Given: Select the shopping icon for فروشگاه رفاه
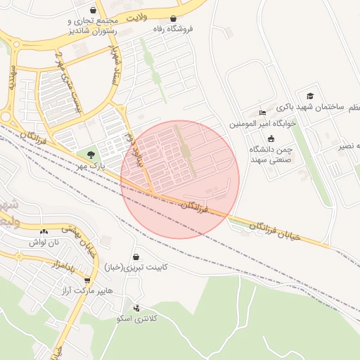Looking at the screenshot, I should pyautogui.click(x=173, y=19).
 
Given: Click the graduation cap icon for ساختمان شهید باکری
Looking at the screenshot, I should pyautogui.click(x=310, y=96).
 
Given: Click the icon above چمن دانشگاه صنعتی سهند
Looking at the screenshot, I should pyautogui.click(x=271, y=139).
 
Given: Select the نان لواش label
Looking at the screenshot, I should pyautogui.click(x=43, y=242).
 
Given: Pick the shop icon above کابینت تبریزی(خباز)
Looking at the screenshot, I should pyautogui.click(x=135, y=257).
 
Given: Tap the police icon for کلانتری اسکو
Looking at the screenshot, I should pyautogui.click(x=136, y=308).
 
